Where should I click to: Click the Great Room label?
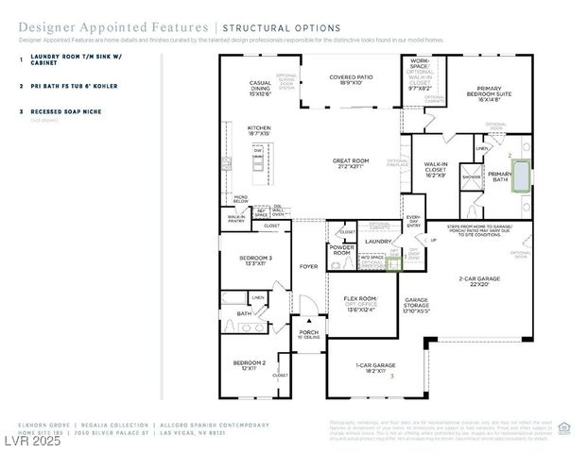(349, 163)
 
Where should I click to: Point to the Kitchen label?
(259, 130)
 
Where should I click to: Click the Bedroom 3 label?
(254, 260)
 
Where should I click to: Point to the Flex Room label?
(360, 302)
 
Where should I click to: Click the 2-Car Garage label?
(479, 281)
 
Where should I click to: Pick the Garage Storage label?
(417, 305)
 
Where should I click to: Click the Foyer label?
(308, 267)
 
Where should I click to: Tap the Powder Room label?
(341, 250)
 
